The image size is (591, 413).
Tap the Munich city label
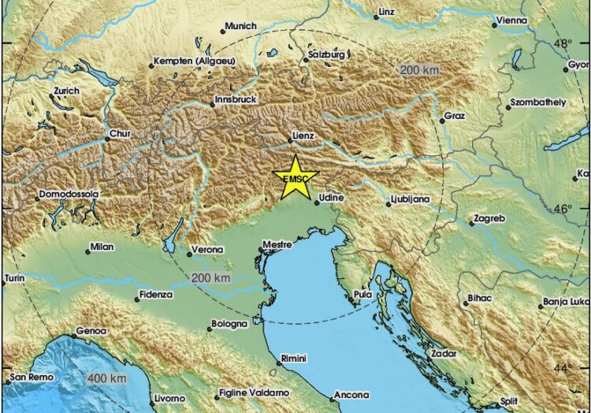click(241, 26)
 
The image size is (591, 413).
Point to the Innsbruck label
click(236, 101)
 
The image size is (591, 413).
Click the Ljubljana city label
click(411, 200)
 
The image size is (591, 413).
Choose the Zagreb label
click(489, 218)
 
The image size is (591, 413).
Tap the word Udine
click(332, 197)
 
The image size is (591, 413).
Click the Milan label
click(102, 247)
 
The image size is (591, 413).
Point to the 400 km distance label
click(107, 380)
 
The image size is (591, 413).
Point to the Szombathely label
click(538, 102)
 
